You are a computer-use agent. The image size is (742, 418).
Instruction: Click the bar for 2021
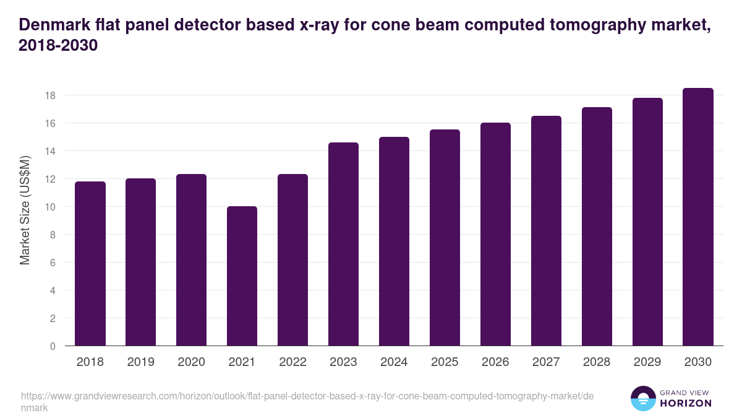pos(242,276)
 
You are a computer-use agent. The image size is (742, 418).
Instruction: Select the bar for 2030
pos(698,217)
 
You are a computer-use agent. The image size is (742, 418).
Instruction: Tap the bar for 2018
pos(90,264)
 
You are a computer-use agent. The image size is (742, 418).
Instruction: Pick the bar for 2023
pos(343,244)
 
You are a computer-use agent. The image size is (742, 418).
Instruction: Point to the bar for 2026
pos(495,234)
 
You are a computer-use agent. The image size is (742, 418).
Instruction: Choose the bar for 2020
pos(191,260)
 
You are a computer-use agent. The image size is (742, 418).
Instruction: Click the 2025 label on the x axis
pos(445,362)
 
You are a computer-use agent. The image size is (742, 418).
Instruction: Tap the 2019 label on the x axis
pos(140,362)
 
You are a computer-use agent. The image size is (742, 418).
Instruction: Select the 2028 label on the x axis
pos(597,362)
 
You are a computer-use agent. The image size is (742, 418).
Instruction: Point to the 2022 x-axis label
pos(292,362)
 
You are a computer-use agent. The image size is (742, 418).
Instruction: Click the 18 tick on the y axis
pos(50,95)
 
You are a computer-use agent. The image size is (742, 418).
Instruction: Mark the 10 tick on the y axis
pos(50,207)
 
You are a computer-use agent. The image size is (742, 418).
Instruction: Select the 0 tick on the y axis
pos(53,346)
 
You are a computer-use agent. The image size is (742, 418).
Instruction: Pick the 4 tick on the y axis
pos(53,290)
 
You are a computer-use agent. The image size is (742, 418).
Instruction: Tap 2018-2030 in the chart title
pos(59,46)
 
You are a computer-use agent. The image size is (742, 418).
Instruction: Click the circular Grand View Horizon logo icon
pos(643,398)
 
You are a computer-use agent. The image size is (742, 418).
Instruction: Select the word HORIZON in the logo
pos(686,403)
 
